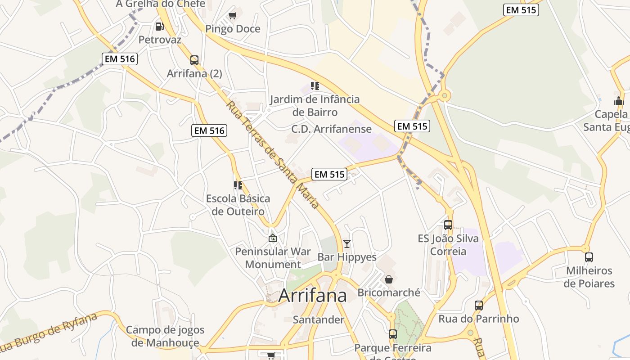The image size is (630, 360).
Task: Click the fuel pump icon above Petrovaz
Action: pyautogui.click(x=159, y=27)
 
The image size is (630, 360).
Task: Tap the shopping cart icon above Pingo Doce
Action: pyautogui.click(x=233, y=16)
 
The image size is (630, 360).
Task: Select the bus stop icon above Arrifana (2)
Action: pyautogui.click(x=194, y=60)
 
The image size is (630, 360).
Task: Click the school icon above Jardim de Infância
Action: pyautogui.click(x=315, y=85)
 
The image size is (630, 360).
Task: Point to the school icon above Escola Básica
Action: pyautogui.click(x=238, y=185)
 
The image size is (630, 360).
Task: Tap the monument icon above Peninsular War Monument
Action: pyautogui.click(x=272, y=238)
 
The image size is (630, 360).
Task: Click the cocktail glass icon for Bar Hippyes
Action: pyautogui.click(x=347, y=244)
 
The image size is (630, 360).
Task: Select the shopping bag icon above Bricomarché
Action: pyautogui.click(x=389, y=279)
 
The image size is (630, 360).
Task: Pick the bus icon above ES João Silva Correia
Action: pyautogui.click(x=448, y=225)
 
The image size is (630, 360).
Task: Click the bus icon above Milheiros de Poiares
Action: pyautogui.click(x=589, y=257)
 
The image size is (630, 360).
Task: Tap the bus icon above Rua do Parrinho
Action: pyautogui.click(x=479, y=306)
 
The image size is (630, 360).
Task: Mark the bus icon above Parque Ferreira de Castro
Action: pyautogui.click(x=393, y=334)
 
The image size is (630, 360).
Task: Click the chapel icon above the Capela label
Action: pyautogui.click(x=619, y=101)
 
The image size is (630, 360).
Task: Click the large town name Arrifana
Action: pyautogui.click(x=313, y=296)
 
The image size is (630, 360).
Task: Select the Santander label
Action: pyautogui.click(x=319, y=320)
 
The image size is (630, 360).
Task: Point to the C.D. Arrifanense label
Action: pyautogui.click(x=332, y=129)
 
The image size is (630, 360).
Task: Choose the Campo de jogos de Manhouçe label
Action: pyautogui.click(x=165, y=336)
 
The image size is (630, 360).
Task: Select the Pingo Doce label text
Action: pyautogui.click(x=233, y=29)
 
